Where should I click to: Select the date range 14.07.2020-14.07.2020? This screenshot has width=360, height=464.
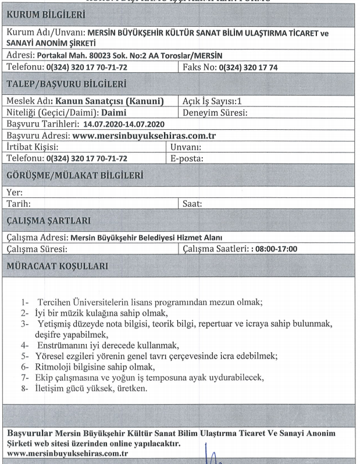[124, 125]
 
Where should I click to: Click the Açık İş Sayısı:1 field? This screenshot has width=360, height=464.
[208, 101]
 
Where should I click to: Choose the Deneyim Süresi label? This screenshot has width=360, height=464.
[215, 112]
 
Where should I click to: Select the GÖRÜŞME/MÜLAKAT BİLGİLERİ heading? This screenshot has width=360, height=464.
[75, 175]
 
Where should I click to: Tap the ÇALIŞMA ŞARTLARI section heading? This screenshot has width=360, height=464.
[48, 221]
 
